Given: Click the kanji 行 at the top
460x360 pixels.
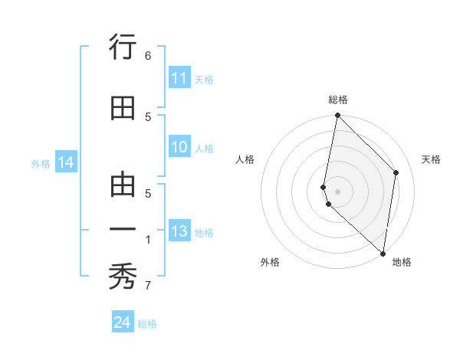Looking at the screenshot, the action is (x=123, y=48).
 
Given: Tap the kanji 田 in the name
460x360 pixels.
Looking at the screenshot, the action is (x=123, y=109).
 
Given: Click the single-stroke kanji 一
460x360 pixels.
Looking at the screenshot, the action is (x=123, y=229).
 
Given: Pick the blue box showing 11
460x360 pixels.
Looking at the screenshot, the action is (x=179, y=78).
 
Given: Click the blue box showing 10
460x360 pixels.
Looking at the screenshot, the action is (x=179, y=148).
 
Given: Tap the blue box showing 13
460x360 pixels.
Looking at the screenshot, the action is (x=179, y=232).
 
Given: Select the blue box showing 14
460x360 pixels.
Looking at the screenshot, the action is (x=66, y=162).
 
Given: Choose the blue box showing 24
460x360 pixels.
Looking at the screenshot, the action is (x=123, y=322).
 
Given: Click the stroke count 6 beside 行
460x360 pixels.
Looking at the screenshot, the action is (x=148, y=55).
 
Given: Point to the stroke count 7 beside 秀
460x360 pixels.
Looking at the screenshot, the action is (x=148, y=286).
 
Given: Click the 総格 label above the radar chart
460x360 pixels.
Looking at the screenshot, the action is (x=338, y=100).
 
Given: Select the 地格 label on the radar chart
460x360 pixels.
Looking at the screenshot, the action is (x=402, y=262).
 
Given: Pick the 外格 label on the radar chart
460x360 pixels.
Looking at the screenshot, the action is (x=270, y=262).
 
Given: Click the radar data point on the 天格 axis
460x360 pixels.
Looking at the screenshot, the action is (x=396, y=172).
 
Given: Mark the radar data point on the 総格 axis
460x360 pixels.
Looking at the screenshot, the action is (x=337, y=116).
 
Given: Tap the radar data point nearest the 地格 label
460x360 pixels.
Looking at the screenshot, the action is (x=383, y=254).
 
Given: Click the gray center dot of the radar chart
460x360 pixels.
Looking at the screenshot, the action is (x=337, y=191).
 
